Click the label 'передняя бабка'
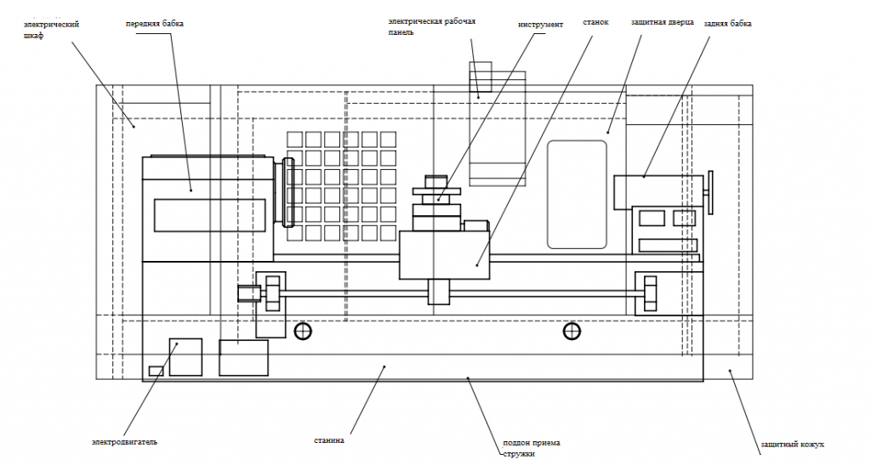(x=155, y=24)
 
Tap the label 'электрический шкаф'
(x=52, y=31)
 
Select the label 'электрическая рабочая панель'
(x=442, y=26)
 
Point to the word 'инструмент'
(x=541, y=25)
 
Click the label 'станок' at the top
(x=595, y=22)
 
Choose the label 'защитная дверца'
(x=663, y=21)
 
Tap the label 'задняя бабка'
(x=728, y=24)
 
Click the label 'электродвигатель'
(x=125, y=442)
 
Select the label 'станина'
(x=327, y=441)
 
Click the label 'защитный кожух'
(x=793, y=445)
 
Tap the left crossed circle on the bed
(x=303, y=331)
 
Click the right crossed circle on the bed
(x=572, y=331)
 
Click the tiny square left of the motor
(x=156, y=370)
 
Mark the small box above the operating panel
(x=481, y=78)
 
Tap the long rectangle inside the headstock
(x=209, y=214)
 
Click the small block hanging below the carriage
(x=438, y=292)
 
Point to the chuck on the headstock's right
(x=287, y=193)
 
